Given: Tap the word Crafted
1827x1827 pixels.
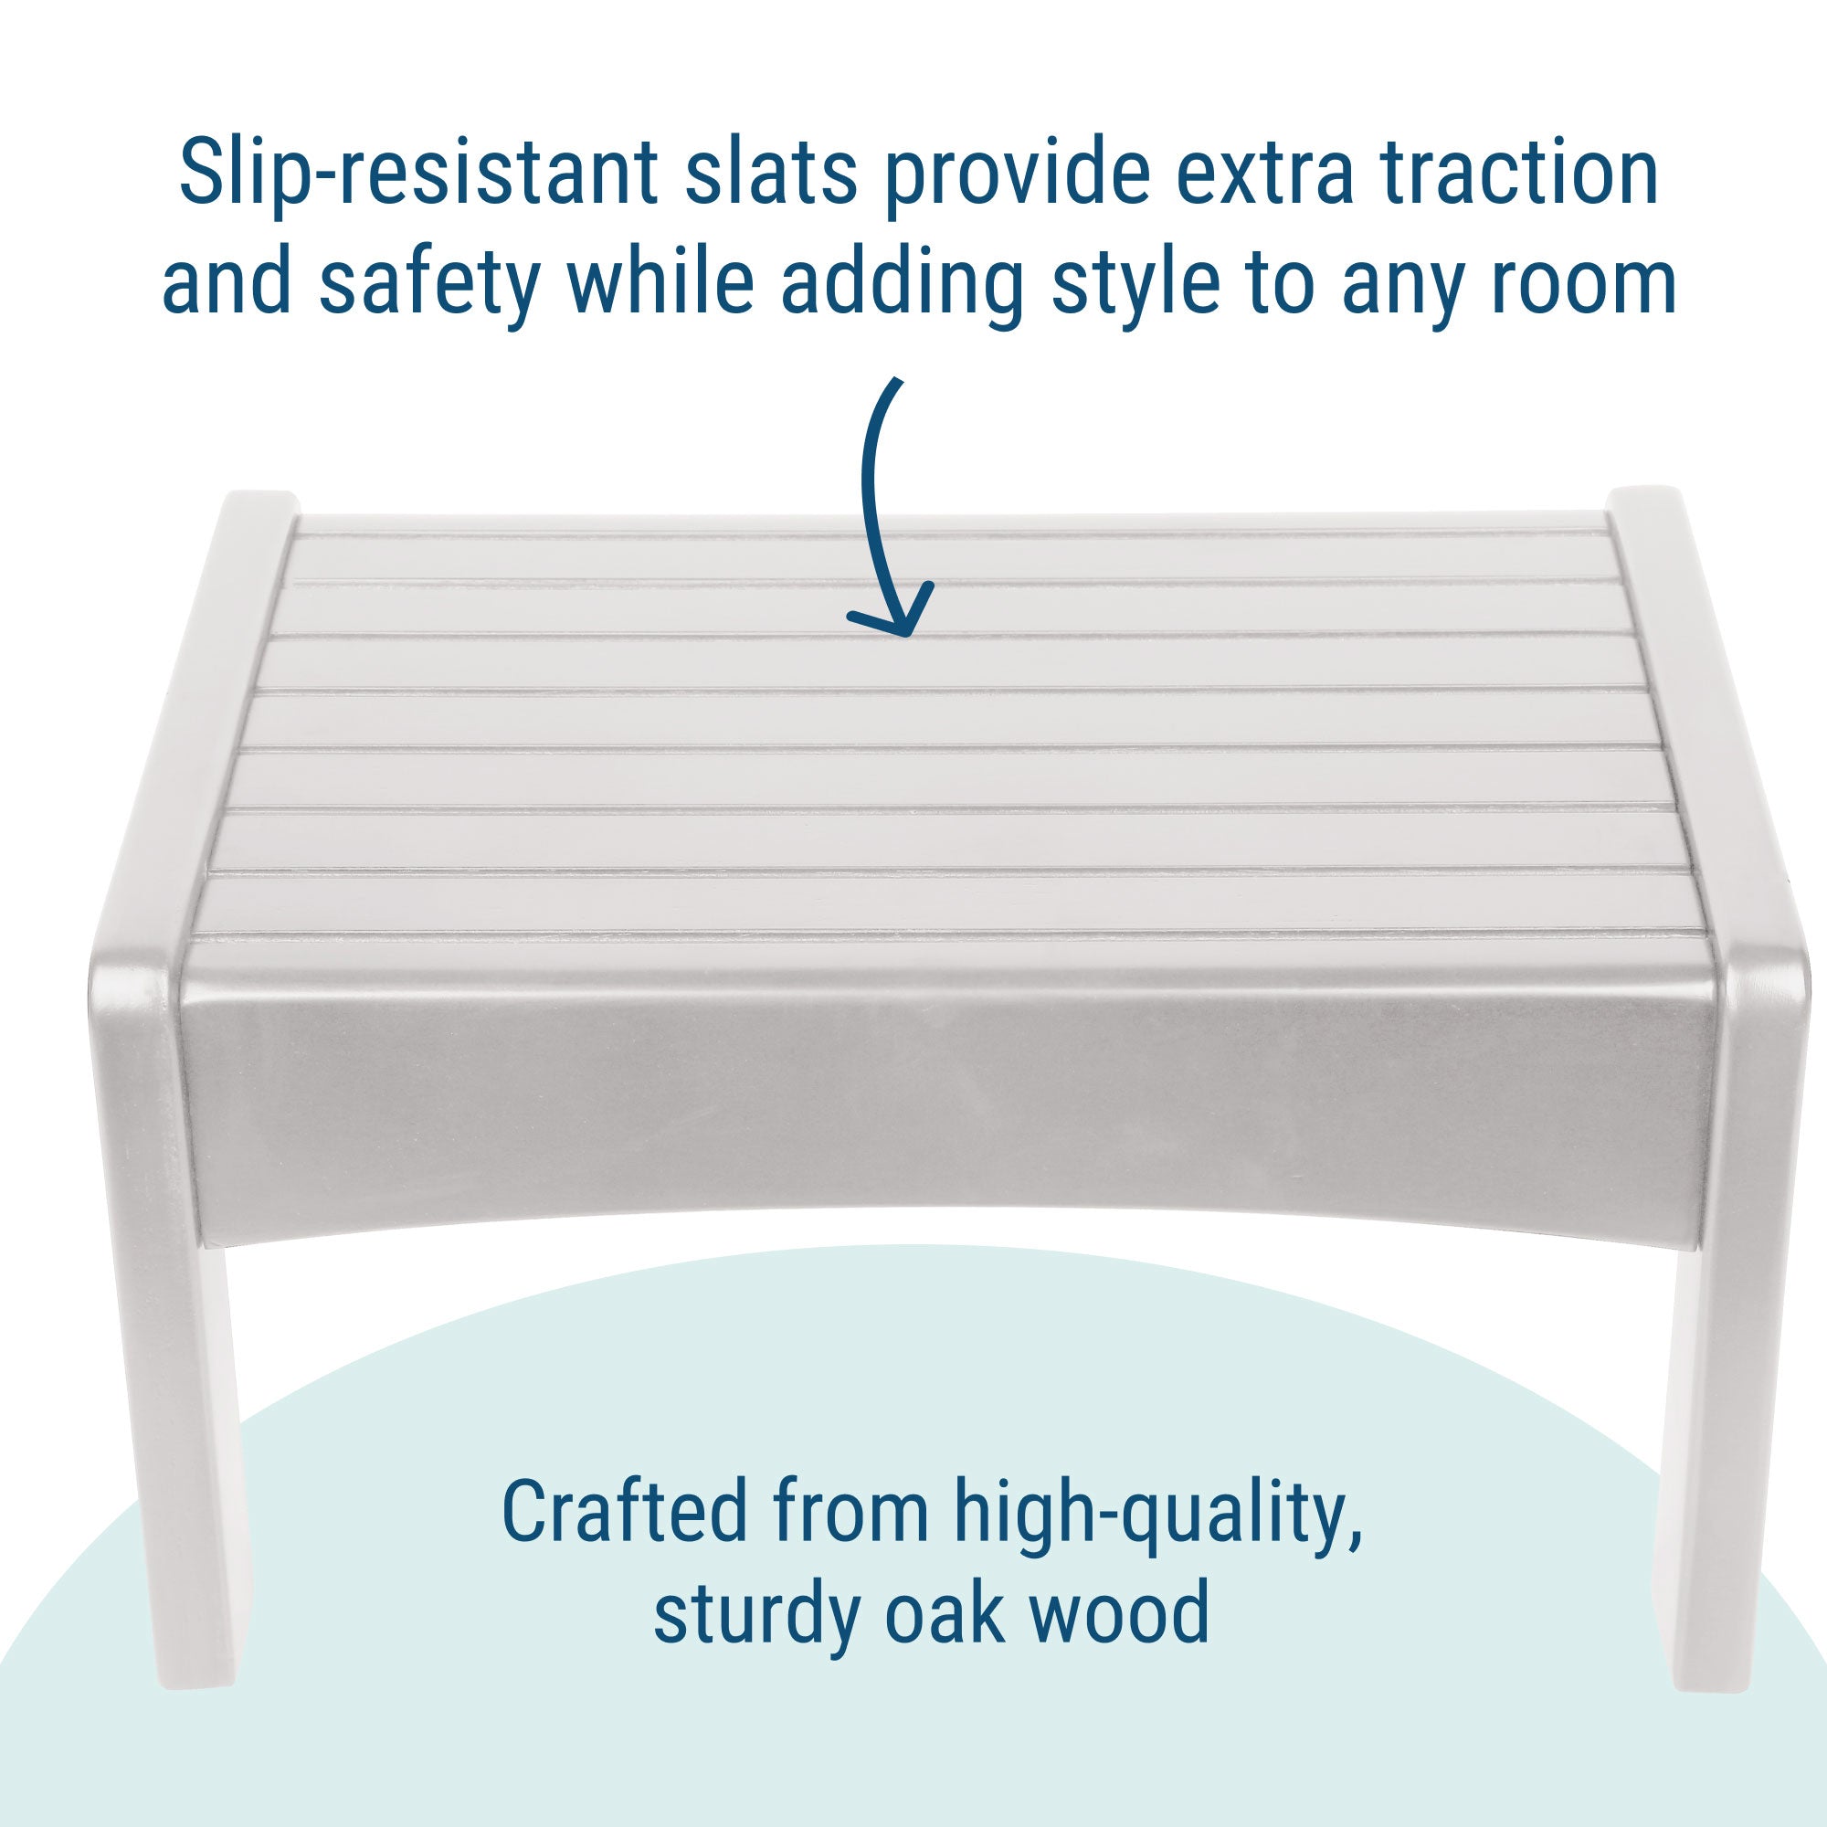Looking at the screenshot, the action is [x=625, y=1510].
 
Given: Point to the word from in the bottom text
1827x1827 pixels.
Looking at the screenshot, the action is [x=850, y=1510].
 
